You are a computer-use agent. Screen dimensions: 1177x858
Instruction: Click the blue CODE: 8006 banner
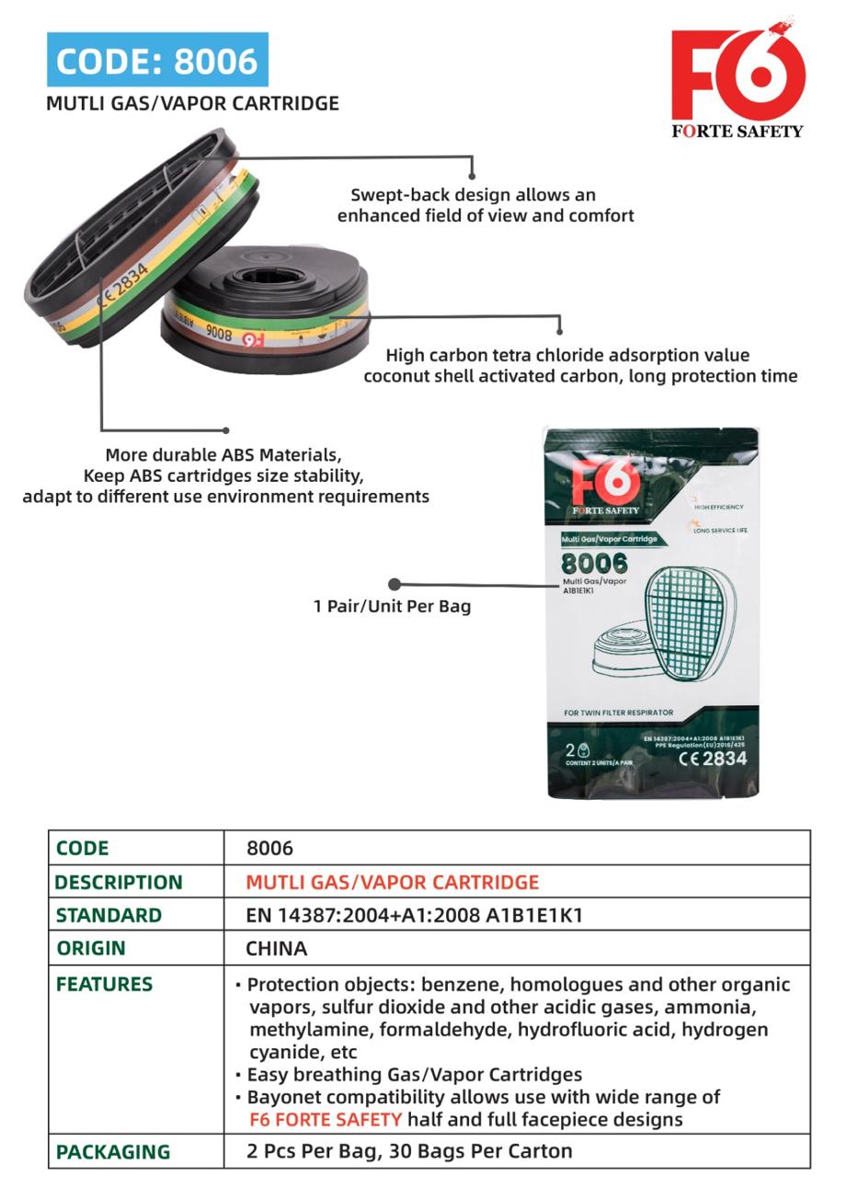click(157, 60)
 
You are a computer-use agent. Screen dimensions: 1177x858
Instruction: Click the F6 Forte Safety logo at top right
click(738, 78)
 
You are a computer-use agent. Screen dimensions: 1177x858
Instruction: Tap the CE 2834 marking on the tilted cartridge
click(123, 287)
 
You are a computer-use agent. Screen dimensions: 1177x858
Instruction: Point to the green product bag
click(652, 611)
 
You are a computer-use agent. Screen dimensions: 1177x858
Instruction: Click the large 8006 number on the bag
click(594, 563)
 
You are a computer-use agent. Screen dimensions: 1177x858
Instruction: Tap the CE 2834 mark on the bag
click(713, 760)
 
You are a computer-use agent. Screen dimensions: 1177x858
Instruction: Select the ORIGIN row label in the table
click(91, 948)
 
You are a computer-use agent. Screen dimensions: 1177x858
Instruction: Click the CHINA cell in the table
click(277, 948)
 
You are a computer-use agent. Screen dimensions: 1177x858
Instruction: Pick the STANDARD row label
click(109, 915)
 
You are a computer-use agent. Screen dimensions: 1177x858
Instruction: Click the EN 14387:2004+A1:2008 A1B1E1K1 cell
click(415, 915)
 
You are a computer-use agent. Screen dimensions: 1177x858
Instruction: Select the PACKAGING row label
click(113, 1151)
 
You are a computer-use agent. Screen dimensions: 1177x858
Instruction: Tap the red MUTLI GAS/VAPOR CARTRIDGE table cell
click(393, 882)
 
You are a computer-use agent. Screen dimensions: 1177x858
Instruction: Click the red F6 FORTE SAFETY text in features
click(326, 1119)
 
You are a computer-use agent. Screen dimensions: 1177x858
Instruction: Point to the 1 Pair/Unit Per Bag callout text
click(393, 606)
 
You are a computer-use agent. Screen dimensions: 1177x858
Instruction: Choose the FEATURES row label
click(104, 984)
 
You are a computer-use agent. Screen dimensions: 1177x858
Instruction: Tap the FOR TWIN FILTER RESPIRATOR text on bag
click(618, 713)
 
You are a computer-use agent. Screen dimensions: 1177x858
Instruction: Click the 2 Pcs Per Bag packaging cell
click(409, 1151)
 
